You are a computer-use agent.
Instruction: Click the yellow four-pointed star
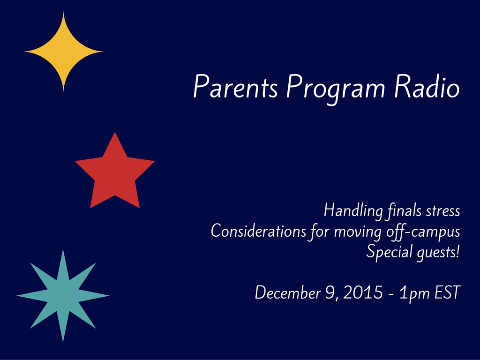[63, 52]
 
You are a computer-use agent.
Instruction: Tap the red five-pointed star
[115, 173]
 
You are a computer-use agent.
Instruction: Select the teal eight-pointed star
[63, 296]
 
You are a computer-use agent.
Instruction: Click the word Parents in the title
[235, 86]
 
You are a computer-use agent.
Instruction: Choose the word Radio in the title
[427, 86]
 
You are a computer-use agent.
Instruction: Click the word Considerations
[258, 231]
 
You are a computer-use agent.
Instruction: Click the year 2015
[363, 292]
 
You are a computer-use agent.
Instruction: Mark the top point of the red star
[115, 132]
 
